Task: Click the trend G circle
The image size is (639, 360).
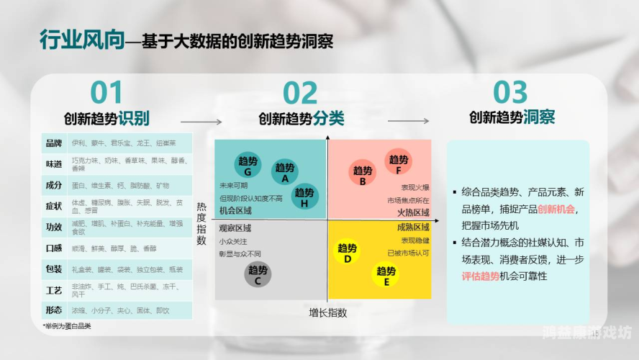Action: (248, 166)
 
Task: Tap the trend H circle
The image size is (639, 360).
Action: (304, 197)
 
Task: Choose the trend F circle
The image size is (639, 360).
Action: (399, 164)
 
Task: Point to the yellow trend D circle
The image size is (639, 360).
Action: (348, 253)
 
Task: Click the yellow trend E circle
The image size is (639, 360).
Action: (386, 276)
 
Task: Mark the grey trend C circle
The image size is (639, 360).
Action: (258, 276)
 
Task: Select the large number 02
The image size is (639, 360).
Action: (300, 94)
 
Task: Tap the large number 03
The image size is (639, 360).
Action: (510, 94)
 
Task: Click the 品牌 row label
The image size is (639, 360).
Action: (54, 143)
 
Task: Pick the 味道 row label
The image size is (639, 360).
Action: (54, 164)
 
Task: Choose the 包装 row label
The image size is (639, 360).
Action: (54, 269)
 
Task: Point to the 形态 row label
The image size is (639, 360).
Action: (54, 310)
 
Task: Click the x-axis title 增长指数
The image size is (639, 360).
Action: (328, 312)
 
